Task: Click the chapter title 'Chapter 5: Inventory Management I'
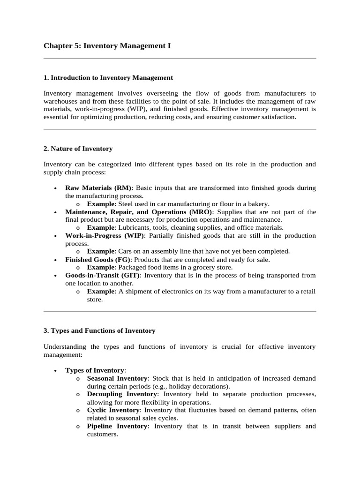(x=107, y=45)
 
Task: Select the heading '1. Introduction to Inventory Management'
(x=108, y=77)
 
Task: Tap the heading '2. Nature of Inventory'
(x=78, y=149)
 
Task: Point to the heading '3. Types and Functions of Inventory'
(x=99, y=330)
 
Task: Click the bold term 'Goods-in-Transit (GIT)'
(x=103, y=275)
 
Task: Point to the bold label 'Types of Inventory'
(x=95, y=370)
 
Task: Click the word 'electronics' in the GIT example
(x=174, y=291)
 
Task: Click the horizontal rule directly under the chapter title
(x=180, y=59)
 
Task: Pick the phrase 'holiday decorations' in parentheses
(x=200, y=386)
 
